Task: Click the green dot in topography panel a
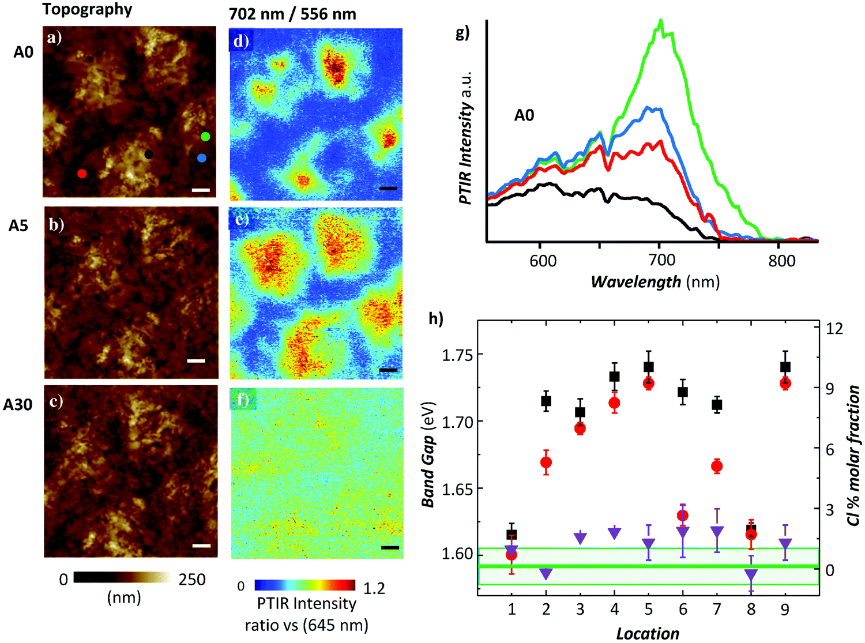tap(205, 137)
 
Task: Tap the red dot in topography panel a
tap(82, 173)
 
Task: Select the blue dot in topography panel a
tap(201, 157)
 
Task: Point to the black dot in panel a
tap(149, 154)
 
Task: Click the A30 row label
tap(18, 405)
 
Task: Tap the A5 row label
tap(18, 226)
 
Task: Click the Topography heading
tap(87, 9)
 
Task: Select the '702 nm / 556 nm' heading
tap(292, 14)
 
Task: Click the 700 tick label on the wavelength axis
tap(661, 261)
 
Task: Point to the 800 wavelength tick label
tap(781, 261)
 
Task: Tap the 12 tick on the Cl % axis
tap(834, 328)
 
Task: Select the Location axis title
tap(648, 633)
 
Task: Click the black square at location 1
tap(512, 535)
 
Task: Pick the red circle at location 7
tap(717, 467)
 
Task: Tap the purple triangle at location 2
tap(546, 573)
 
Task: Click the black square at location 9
tap(785, 367)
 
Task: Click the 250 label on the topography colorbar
tap(192, 580)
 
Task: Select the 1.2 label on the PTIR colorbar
tap(374, 589)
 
